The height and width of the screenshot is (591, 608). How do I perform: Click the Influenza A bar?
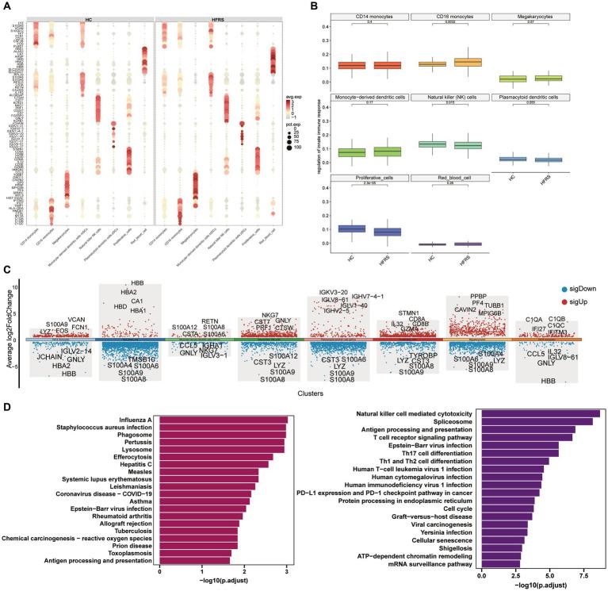point(224,420)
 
